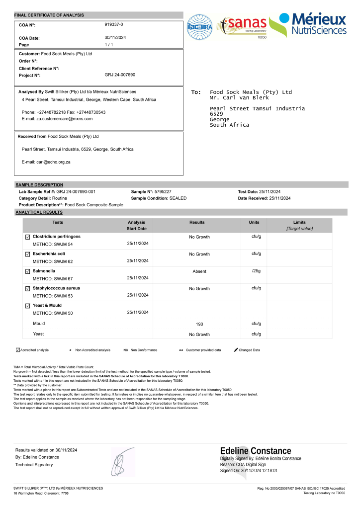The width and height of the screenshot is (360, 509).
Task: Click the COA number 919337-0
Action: pyautogui.click(x=114, y=24)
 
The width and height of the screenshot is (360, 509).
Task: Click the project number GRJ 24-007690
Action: pyautogui.click(x=120, y=75)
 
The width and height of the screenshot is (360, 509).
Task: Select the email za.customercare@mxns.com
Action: pyautogui.click(x=57, y=119)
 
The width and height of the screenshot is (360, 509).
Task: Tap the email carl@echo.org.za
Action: pyautogui.click(x=46, y=162)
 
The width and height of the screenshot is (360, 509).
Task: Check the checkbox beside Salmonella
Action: pyautogui.click(x=27, y=271)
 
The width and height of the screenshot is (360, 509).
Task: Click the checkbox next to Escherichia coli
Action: pyautogui.click(x=27, y=254)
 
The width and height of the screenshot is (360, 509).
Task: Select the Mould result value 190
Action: pyautogui.click(x=199, y=324)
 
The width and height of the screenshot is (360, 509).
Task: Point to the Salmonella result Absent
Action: pyautogui.click(x=199, y=271)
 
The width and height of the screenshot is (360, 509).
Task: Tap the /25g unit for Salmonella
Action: pyautogui.click(x=257, y=271)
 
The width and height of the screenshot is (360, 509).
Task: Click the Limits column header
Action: pyautogui.click(x=299, y=222)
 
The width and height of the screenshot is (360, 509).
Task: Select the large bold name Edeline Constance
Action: pyautogui.click(x=256, y=451)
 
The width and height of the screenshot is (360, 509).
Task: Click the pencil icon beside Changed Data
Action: pyautogui.click(x=236, y=350)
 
